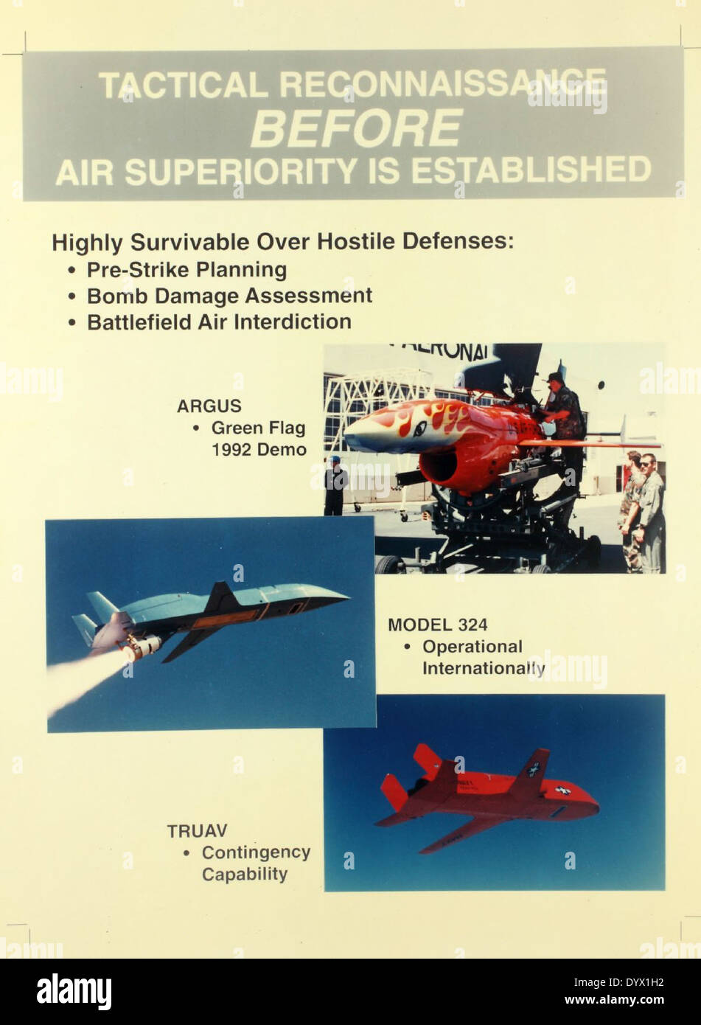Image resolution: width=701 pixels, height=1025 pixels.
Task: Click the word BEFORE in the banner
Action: point(356,128)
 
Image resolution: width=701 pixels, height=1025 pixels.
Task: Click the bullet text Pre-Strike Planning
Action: point(186,270)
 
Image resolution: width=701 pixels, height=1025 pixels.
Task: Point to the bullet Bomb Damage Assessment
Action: point(229,296)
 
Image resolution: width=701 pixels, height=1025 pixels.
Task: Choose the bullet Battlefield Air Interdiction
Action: point(219,322)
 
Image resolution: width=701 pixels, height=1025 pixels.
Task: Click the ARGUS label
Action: point(209,406)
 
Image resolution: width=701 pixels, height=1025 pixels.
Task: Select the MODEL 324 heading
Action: point(437,625)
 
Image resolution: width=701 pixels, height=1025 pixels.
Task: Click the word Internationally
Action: point(483,669)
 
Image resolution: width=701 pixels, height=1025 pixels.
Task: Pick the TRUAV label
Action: point(197,831)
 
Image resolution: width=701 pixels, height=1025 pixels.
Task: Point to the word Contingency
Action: point(256,852)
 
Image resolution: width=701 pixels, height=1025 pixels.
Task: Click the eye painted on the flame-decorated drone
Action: point(419,429)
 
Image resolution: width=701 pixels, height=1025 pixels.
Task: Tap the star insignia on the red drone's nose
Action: point(563,791)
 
